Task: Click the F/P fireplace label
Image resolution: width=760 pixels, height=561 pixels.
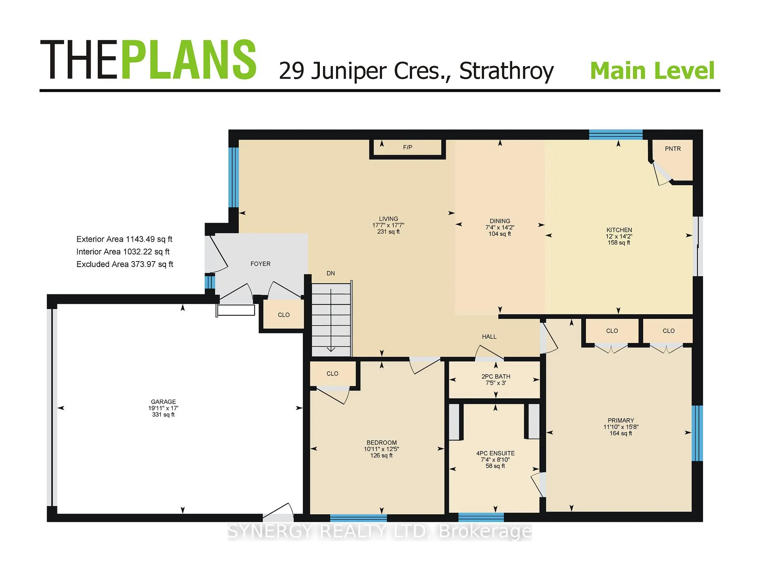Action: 407,148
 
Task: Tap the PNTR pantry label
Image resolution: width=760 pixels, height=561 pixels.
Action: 673,149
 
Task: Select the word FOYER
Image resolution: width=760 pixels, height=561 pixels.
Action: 260,264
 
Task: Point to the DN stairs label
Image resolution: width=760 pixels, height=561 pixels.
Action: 331,273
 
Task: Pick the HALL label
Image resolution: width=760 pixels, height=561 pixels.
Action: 489,337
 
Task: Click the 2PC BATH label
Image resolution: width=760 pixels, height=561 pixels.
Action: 496,377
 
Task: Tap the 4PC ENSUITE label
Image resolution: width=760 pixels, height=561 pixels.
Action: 496,453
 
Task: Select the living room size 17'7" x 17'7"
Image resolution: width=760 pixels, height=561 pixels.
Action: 388,226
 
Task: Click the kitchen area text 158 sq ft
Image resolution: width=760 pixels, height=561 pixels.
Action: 619,243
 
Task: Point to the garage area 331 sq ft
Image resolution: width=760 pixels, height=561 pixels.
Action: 163,415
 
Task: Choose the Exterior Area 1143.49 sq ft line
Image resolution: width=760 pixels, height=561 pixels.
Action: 124,239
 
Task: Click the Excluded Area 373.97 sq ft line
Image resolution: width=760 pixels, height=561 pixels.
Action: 125,264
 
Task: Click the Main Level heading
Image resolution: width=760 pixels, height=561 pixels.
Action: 652,71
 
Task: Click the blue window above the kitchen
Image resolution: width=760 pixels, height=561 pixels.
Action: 616,135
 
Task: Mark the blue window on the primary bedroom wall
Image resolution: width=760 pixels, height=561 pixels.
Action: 697,433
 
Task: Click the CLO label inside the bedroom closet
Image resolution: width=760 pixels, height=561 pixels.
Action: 332,374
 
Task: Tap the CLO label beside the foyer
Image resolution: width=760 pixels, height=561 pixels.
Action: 284,315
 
